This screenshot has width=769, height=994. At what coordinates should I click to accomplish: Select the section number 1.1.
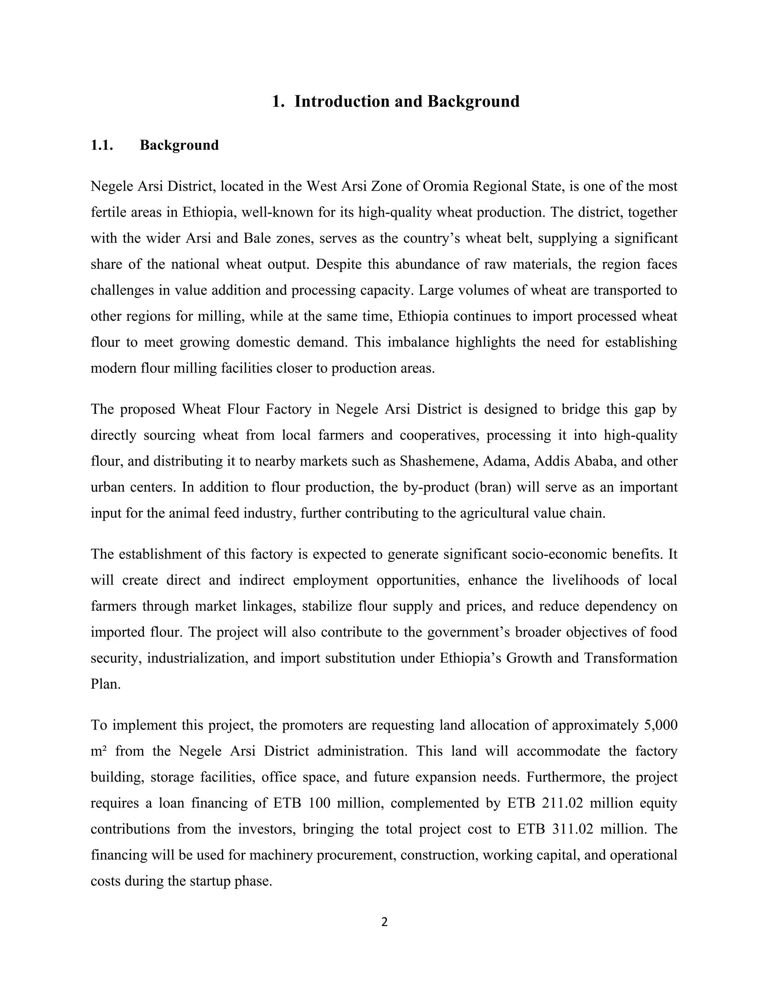[102, 145]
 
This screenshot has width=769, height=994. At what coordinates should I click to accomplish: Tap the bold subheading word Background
[179, 145]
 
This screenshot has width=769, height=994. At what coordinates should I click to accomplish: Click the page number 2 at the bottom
[384, 923]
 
